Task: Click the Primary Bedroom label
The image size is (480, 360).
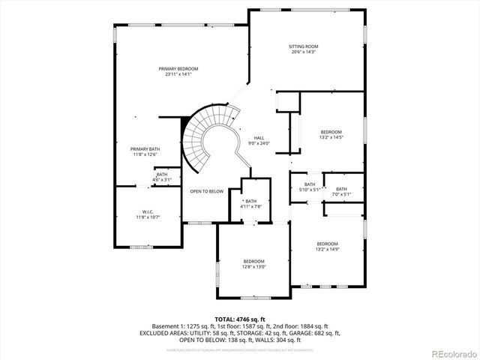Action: tap(172, 68)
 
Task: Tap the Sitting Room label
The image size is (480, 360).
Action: tap(303, 46)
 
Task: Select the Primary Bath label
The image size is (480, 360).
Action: tap(145, 149)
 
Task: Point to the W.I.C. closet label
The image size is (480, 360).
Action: tap(148, 211)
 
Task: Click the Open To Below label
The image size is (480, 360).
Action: tap(206, 191)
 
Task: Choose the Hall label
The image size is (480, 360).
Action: tap(259, 138)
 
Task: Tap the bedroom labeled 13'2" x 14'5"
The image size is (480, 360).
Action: tap(331, 132)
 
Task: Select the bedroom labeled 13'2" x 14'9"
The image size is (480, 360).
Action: tap(327, 244)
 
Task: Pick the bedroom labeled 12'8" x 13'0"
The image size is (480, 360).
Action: tap(253, 261)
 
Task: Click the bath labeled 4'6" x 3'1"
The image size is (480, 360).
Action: tap(162, 175)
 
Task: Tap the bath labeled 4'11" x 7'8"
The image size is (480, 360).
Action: tap(250, 201)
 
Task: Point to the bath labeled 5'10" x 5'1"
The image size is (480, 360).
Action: tap(309, 184)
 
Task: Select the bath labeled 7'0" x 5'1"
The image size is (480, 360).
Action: tap(341, 189)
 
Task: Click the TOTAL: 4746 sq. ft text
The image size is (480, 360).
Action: tap(240, 319)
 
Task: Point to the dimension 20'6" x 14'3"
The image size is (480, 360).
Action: tap(303, 52)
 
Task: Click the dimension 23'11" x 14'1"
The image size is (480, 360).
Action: tap(172, 73)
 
